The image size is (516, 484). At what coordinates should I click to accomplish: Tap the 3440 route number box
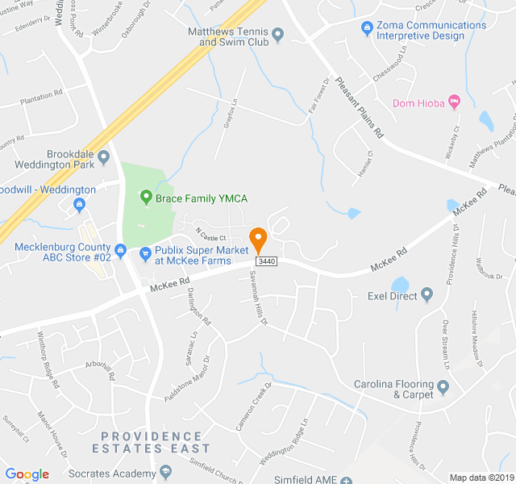tap(267, 262)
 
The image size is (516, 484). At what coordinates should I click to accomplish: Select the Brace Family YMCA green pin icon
tap(146, 197)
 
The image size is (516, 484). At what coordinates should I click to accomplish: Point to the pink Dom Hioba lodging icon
tap(453, 102)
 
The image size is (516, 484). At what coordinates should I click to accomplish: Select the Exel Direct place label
tap(393, 296)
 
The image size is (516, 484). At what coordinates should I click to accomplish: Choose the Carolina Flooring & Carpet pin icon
tap(443, 389)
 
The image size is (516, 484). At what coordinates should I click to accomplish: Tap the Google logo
tap(27, 474)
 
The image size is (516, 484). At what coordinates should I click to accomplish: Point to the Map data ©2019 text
tap(480, 478)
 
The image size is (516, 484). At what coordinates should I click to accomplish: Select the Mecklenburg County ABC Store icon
tap(120, 249)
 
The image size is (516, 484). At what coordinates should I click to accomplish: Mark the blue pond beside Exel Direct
tap(401, 285)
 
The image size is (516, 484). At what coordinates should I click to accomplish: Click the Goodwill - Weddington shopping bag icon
tap(80, 203)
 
